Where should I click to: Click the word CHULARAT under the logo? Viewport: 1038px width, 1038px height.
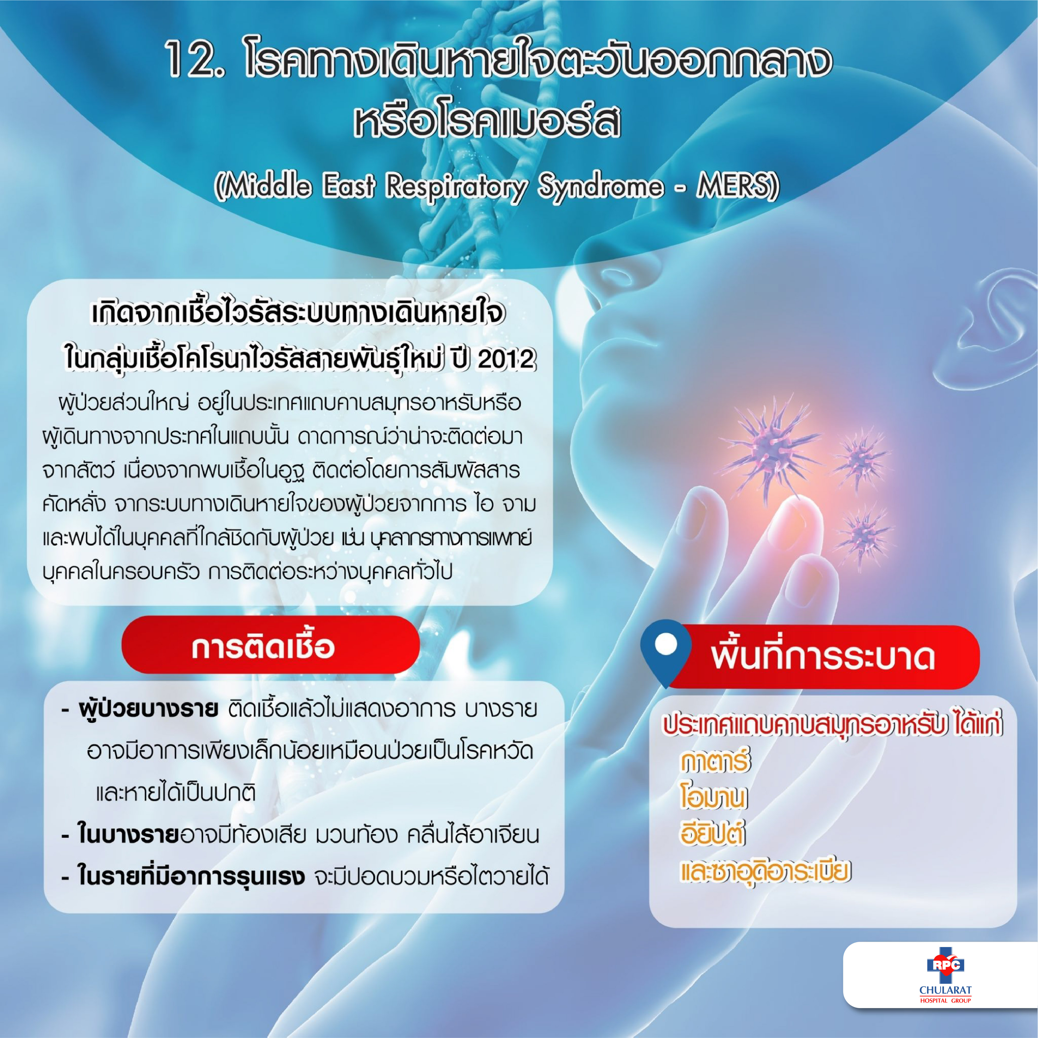pyautogui.click(x=946, y=990)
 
